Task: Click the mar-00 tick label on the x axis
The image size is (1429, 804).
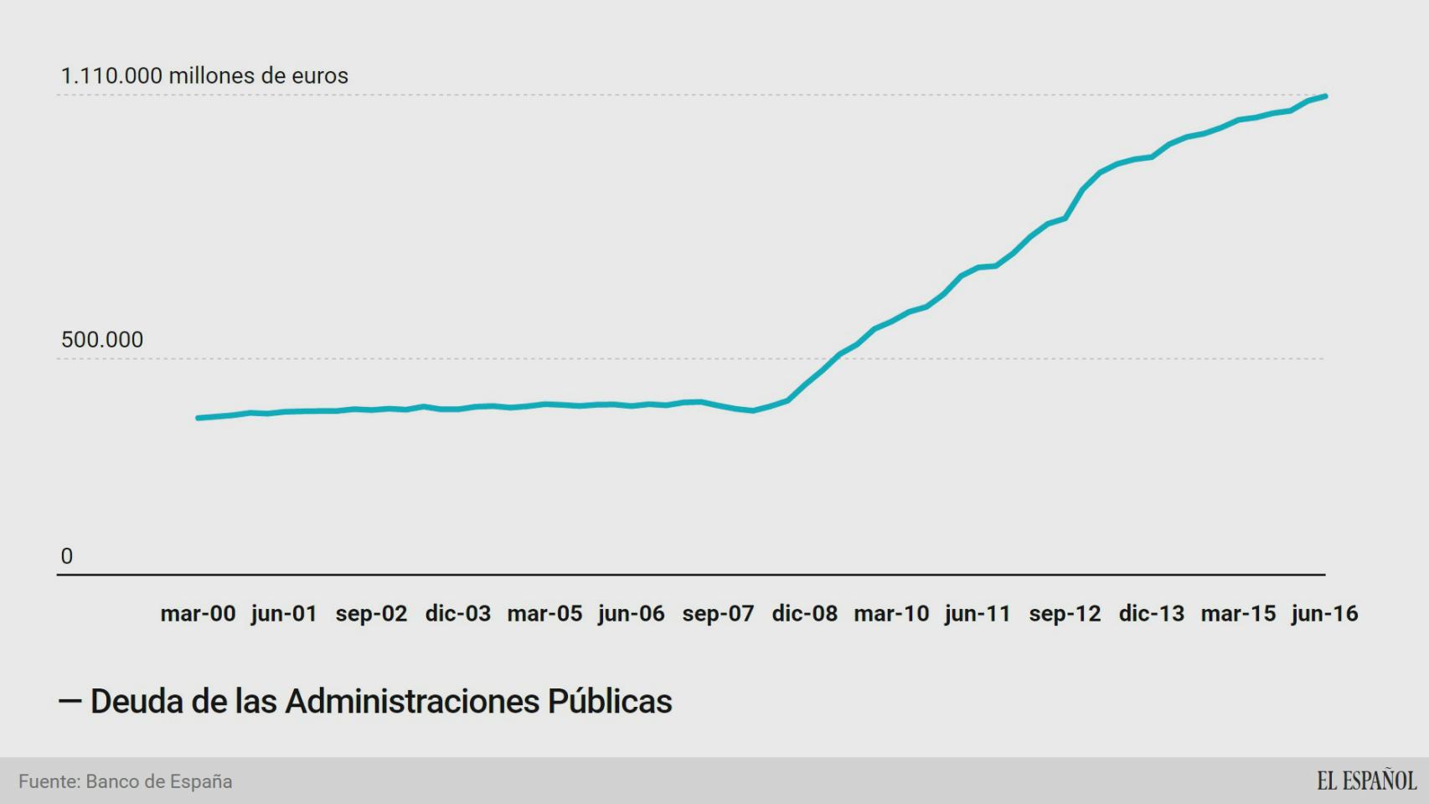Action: point(198,614)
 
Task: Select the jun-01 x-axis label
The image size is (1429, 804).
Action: point(284,614)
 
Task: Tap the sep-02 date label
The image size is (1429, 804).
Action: point(371,614)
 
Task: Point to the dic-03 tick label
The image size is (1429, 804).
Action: point(457,614)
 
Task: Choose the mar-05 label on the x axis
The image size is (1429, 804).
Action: point(544,614)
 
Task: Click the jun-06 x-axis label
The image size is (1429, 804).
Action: point(631,614)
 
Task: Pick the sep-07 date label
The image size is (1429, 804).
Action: point(718,614)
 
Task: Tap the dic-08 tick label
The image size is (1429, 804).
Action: point(804,614)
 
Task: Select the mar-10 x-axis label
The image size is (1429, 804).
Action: point(891,614)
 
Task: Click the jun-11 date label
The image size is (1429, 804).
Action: point(978,614)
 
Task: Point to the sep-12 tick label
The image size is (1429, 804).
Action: point(1065,614)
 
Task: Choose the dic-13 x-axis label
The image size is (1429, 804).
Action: point(1151,614)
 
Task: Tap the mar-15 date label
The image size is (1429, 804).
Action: point(1238,614)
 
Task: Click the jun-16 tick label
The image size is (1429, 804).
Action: point(1324,614)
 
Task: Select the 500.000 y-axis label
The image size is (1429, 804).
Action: point(102,340)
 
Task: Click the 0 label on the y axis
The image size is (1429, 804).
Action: point(67,556)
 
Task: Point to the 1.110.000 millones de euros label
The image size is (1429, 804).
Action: point(204,76)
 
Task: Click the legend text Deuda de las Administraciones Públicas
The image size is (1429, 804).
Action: point(380,702)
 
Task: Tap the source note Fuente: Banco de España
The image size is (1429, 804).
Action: point(126,781)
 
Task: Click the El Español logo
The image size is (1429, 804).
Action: point(1366,781)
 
